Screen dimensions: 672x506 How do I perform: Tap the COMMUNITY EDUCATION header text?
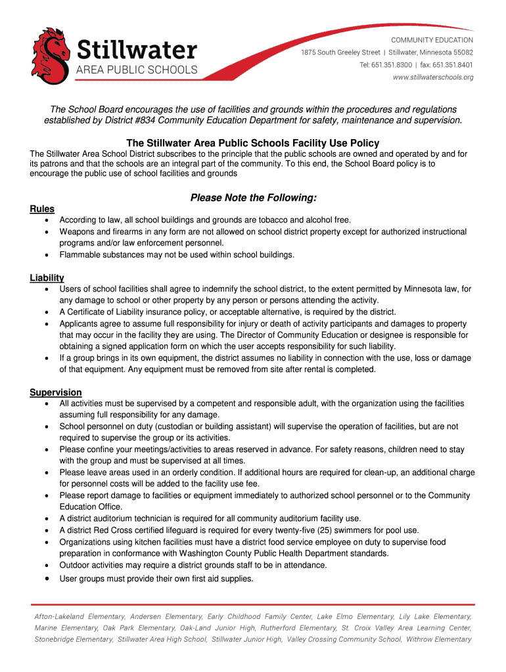tap(432, 40)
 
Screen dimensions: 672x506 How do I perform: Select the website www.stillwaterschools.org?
tap(433, 77)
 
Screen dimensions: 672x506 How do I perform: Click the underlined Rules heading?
tap(42, 209)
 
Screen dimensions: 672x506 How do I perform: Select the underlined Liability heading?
tap(47, 278)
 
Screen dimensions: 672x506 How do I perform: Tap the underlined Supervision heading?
tap(56, 392)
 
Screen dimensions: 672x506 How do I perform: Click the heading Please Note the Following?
tap(253, 198)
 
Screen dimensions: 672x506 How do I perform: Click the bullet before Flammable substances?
tap(46, 255)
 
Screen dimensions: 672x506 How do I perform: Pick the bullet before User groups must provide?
tap(46, 579)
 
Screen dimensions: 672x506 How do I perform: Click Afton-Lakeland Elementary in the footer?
tap(80, 617)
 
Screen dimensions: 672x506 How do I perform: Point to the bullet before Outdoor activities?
tap(46, 565)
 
